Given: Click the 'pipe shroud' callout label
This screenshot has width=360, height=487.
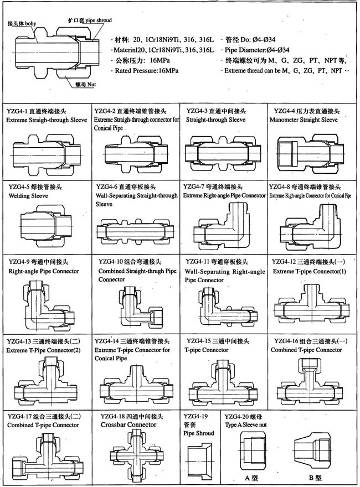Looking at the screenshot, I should click(x=98, y=20).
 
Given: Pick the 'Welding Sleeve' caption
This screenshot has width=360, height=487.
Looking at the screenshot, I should click(x=25, y=196).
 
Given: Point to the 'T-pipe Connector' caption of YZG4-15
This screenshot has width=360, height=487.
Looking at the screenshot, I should click(x=207, y=350).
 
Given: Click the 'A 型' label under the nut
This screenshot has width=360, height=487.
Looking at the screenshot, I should click(x=251, y=477).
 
